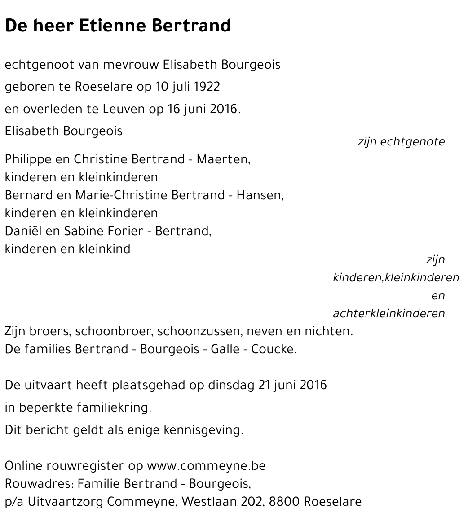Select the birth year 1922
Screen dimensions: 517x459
point(207,87)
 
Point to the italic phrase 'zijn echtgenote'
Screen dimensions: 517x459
point(401,142)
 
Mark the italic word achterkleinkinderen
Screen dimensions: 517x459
point(389,314)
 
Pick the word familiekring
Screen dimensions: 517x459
point(114,408)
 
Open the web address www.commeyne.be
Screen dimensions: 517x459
point(206,466)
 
